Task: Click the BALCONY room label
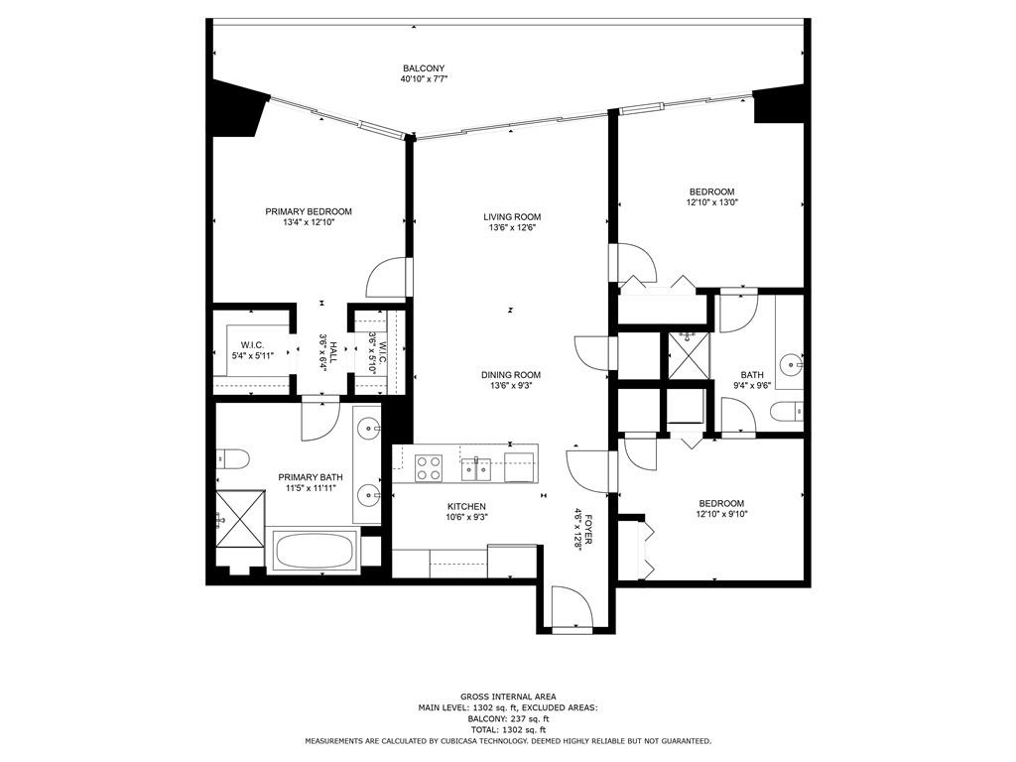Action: [x=424, y=68]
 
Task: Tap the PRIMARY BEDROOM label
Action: [x=309, y=211]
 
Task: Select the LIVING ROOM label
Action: [x=512, y=216]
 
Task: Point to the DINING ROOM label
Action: [x=511, y=374]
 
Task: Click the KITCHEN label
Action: [x=466, y=506]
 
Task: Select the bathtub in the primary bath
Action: [x=315, y=552]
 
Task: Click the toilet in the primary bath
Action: [x=232, y=458]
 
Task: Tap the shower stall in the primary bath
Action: [x=240, y=518]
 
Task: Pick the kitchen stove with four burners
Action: [x=429, y=468]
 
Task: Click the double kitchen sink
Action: [x=476, y=468]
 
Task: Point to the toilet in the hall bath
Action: [x=787, y=411]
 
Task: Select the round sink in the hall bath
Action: [x=791, y=364]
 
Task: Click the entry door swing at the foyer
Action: [x=572, y=606]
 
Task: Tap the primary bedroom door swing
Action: [x=389, y=278]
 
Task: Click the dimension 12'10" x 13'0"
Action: [x=712, y=202]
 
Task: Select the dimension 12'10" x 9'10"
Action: [x=721, y=514]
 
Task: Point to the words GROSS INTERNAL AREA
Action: [x=508, y=697]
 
